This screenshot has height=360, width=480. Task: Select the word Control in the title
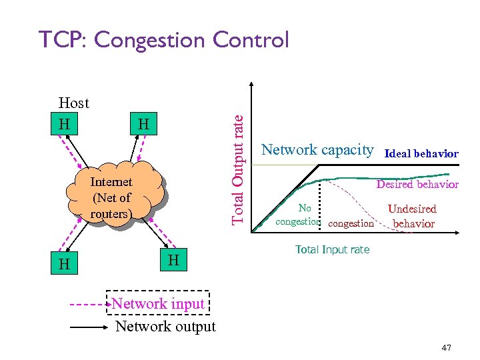pos(251,40)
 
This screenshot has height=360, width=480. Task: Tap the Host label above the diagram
pos(73,103)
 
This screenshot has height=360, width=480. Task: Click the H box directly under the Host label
pos(64,124)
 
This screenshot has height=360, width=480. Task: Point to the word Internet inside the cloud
pos(111,182)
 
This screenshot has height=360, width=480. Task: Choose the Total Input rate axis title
pos(332,249)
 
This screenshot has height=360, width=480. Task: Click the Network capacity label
pos(317,149)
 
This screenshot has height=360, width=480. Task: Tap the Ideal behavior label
pos(422,153)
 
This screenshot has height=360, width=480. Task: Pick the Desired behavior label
pos(417,184)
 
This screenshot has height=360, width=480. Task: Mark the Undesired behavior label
pos(413,216)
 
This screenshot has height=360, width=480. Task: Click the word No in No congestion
pos(305,208)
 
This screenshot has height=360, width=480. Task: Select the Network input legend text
pos(158,303)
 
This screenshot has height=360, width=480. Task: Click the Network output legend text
pos(165,327)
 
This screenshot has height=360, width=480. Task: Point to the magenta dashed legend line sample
pos(89,304)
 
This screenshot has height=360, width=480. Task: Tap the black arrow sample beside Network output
pos(89,327)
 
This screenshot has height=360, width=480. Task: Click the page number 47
pos(446,347)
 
